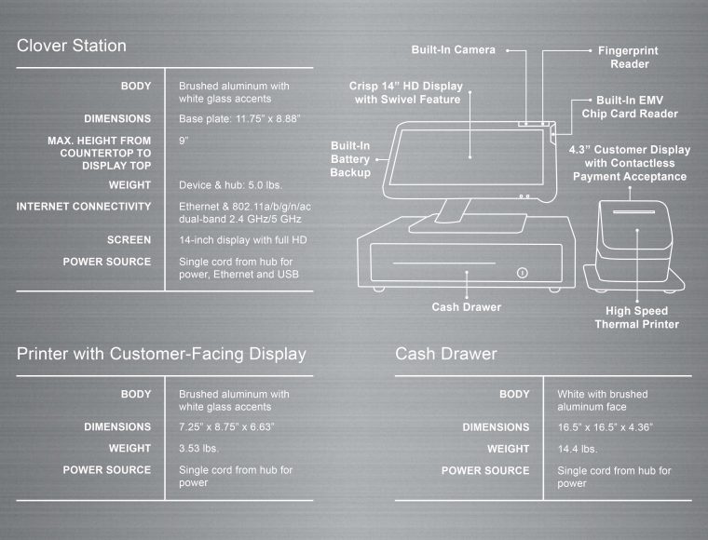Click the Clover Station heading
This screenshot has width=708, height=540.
pyautogui.click(x=72, y=46)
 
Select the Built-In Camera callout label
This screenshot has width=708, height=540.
pyautogui.click(x=454, y=49)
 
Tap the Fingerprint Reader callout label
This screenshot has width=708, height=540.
pyautogui.click(x=630, y=57)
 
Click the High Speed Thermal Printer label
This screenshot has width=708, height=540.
pyautogui.click(x=636, y=317)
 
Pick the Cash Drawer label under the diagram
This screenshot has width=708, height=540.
pyautogui.click(x=466, y=306)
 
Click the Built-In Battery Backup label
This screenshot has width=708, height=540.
pyautogui.click(x=350, y=159)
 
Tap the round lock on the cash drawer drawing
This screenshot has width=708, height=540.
pyautogui.click(x=522, y=273)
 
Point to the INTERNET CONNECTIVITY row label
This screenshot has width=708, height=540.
pyautogui.click(x=84, y=206)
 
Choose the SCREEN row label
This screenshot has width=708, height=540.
pyautogui.click(x=129, y=239)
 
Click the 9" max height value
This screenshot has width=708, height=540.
pyautogui.click(x=184, y=140)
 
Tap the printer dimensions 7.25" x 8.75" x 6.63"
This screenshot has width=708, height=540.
pyautogui.click(x=226, y=427)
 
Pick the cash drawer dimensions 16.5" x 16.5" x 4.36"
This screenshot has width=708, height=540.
pyautogui.click(x=605, y=427)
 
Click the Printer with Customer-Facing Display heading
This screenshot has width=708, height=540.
pyautogui.click(x=161, y=354)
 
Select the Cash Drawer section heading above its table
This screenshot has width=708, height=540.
pyautogui.click(x=445, y=354)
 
